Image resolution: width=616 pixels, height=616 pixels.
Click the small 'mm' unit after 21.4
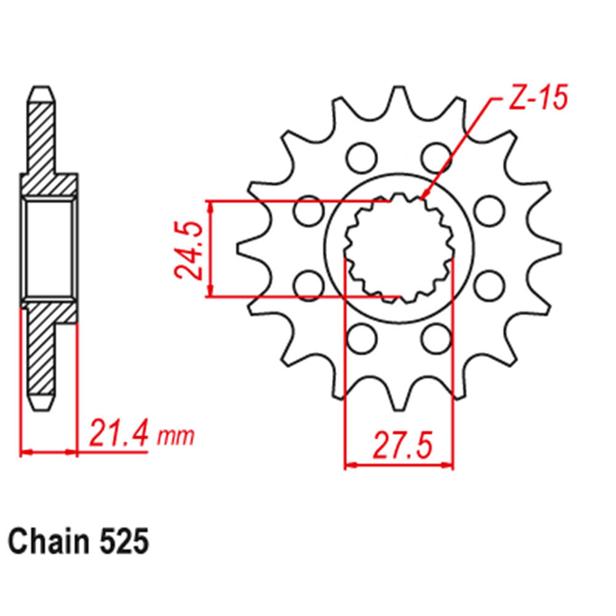click(176, 437)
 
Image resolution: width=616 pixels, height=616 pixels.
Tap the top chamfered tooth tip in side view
click(41, 91)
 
